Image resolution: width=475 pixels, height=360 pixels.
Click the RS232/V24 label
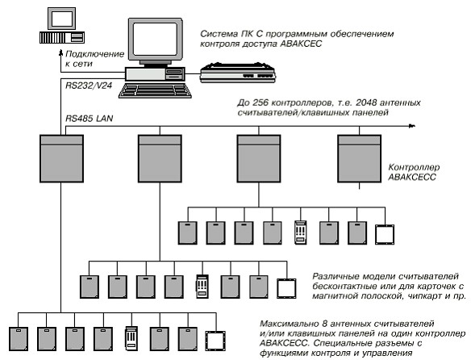[x=89, y=86]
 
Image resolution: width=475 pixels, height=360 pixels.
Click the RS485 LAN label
[x=89, y=119]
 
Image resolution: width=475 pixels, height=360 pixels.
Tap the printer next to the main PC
[x=238, y=73]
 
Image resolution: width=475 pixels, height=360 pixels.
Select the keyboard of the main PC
[x=155, y=90]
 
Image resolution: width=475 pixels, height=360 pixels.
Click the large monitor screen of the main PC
[x=155, y=39]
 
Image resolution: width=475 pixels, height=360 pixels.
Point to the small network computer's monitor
[x=62, y=19]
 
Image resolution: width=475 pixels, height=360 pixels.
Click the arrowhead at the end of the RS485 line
[x=412, y=126]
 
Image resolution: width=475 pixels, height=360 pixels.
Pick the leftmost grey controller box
[x=61, y=159]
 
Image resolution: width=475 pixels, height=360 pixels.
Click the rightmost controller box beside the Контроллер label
[x=360, y=159]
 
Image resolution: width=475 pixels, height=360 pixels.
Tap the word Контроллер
[x=414, y=167]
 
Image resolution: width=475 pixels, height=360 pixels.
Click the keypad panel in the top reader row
[x=301, y=232]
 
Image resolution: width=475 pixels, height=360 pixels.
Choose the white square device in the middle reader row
[x=286, y=288]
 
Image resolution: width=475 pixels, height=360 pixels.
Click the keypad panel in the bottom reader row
[x=131, y=338]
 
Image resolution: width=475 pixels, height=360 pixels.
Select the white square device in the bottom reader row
[x=215, y=341]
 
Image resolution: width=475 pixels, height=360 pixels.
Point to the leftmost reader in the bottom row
[x=19, y=339]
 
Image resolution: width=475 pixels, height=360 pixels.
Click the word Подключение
[x=95, y=54]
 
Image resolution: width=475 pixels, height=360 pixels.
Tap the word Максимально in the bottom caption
[x=289, y=324]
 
